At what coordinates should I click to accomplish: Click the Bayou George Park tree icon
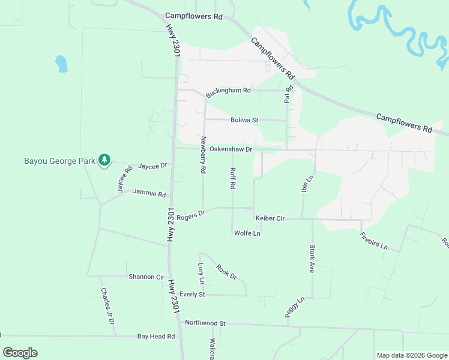(x=105, y=160)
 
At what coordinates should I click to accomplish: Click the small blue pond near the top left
(x=61, y=63)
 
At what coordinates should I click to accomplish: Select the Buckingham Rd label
(x=228, y=91)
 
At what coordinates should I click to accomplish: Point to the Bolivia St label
(x=244, y=120)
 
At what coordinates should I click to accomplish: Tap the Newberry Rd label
(x=203, y=155)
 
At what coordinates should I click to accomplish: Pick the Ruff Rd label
(x=232, y=178)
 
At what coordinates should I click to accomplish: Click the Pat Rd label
(x=289, y=93)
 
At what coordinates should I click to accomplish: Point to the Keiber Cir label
(x=270, y=218)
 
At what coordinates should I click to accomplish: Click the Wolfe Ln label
(x=247, y=233)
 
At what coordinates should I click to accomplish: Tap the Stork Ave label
(x=312, y=259)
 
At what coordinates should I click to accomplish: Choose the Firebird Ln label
(x=374, y=239)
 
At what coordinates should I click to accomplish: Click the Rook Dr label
(x=227, y=272)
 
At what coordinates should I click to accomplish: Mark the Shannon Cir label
(x=146, y=277)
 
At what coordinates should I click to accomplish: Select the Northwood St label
(x=205, y=323)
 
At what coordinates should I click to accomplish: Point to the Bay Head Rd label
(x=155, y=337)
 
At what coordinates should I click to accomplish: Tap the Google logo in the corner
(x=20, y=353)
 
